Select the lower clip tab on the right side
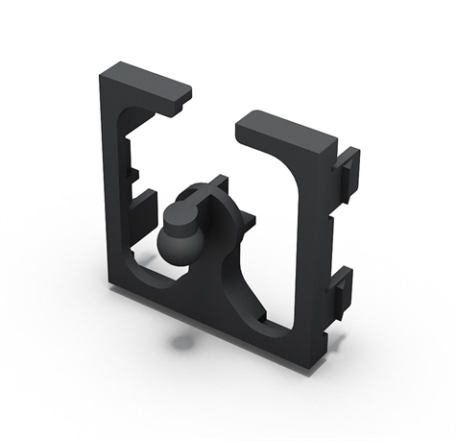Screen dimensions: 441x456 pyautogui.click(x=341, y=288)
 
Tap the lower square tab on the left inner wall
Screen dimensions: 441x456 pyautogui.click(x=144, y=205)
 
